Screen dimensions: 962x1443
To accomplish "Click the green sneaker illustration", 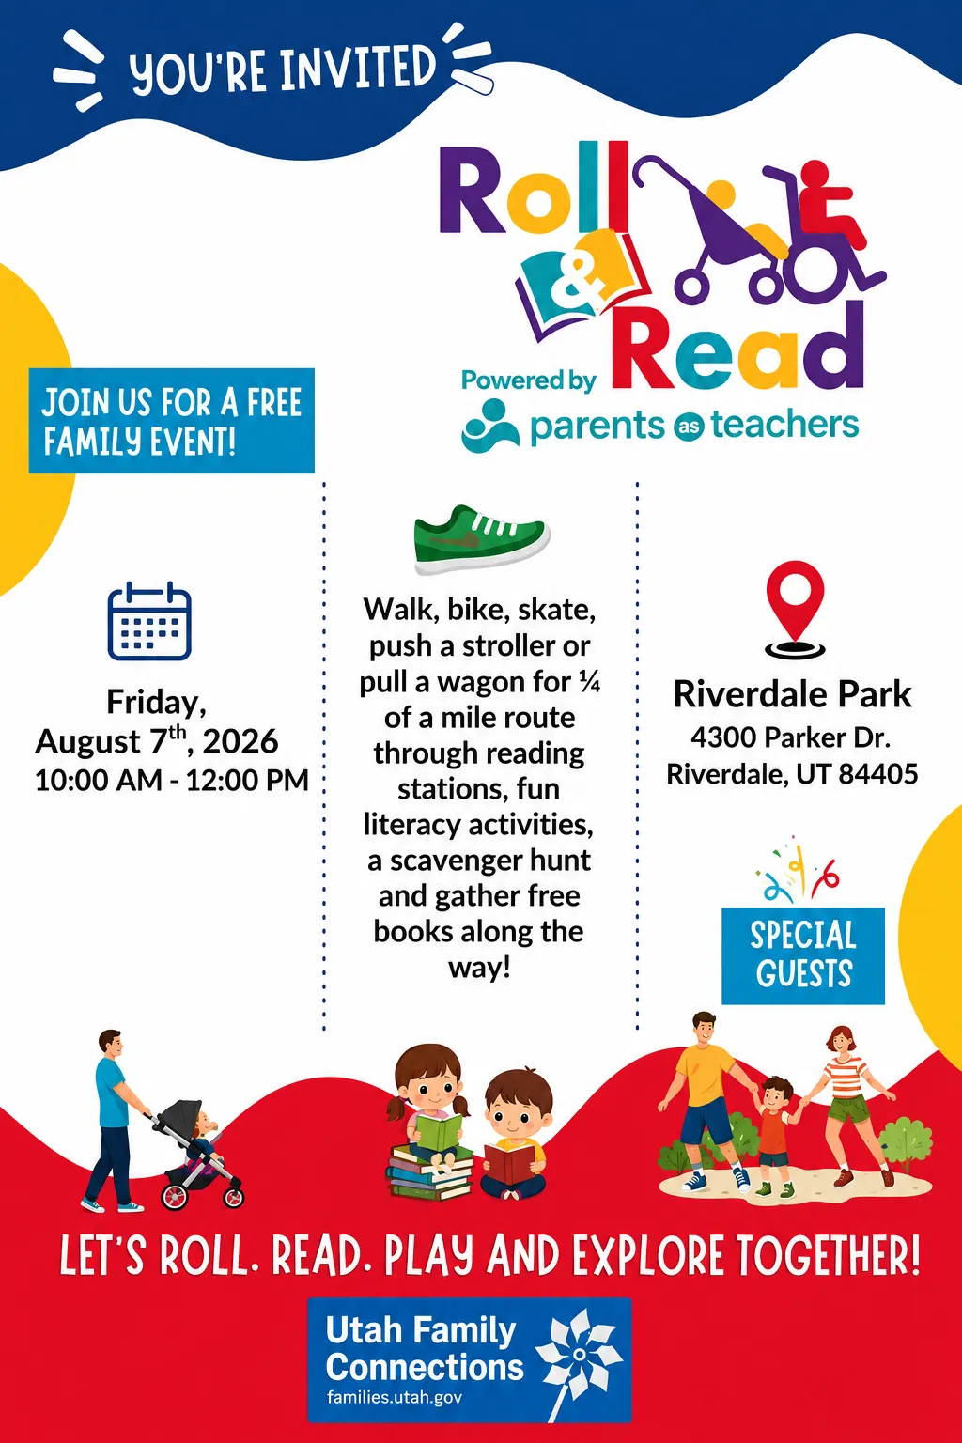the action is click(481, 539).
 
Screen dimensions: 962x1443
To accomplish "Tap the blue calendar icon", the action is click(149, 621).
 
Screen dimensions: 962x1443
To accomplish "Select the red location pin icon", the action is click(795, 609).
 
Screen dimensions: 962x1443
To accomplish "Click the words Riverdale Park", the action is click(792, 694).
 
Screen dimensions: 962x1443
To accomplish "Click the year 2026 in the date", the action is click(240, 741).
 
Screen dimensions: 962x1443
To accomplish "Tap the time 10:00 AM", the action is click(99, 780).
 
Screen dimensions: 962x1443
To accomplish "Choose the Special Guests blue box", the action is click(803, 955).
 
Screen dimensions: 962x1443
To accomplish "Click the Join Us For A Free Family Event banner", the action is click(171, 421).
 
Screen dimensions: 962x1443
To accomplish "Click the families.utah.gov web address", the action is click(394, 1397).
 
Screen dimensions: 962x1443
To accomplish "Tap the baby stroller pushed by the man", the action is click(197, 1153).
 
